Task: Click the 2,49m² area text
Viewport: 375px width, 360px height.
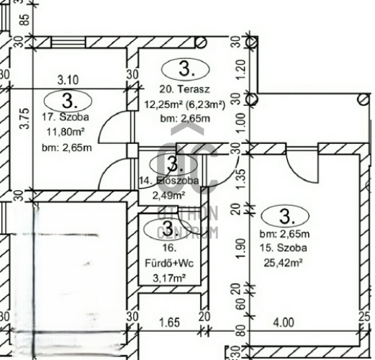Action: pos(168,194)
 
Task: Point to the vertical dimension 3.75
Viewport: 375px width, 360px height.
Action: pos(25,118)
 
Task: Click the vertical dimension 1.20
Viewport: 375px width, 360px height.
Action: pos(240,70)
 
